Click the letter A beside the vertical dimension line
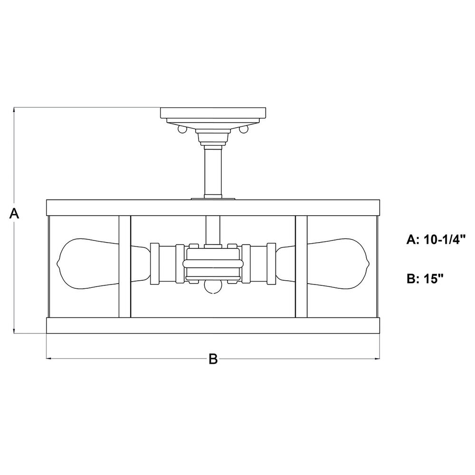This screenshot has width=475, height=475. (x=14, y=213)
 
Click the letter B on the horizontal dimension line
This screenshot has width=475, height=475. (x=213, y=359)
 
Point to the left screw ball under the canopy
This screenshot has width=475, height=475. (x=182, y=129)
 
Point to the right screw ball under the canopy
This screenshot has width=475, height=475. (x=244, y=129)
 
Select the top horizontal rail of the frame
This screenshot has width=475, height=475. (x=213, y=208)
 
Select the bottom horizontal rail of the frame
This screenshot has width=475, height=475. (x=213, y=326)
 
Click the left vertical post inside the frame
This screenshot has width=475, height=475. (x=124, y=266)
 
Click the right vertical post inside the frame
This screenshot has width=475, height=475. (x=301, y=266)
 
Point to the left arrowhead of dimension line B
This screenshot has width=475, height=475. (x=49, y=359)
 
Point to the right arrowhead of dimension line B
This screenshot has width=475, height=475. (x=377, y=359)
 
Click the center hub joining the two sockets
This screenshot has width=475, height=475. (x=213, y=263)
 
